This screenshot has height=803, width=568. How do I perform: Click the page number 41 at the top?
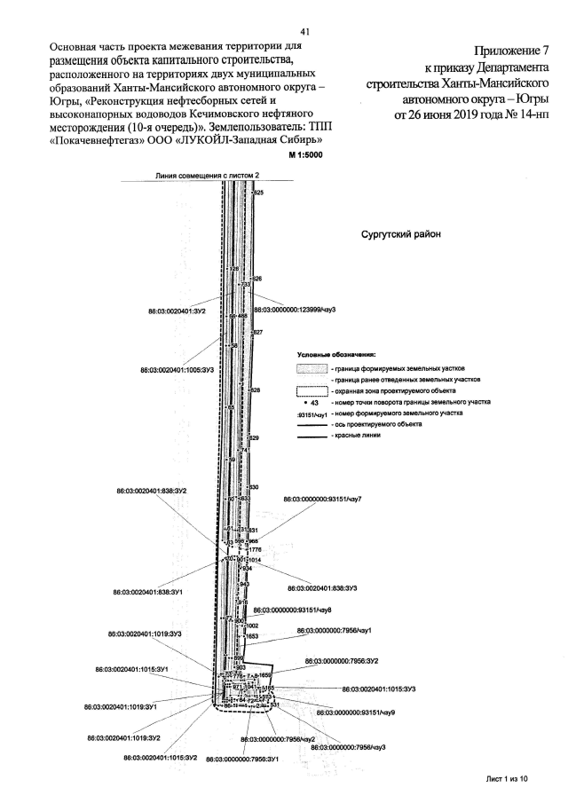pyautogui.click(x=304, y=30)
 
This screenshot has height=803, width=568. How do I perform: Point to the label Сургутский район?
pyautogui.click(x=399, y=236)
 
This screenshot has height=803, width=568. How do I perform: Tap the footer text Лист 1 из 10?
pyautogui.click(x=507, y=778)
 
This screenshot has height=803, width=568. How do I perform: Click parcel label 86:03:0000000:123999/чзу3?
pyautogui.click(x=299, y=311)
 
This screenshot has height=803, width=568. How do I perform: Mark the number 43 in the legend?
pyautogui.click(x=315, y=402)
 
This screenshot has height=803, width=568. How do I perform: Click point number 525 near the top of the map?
pyautogui.click(x=259, y=193)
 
